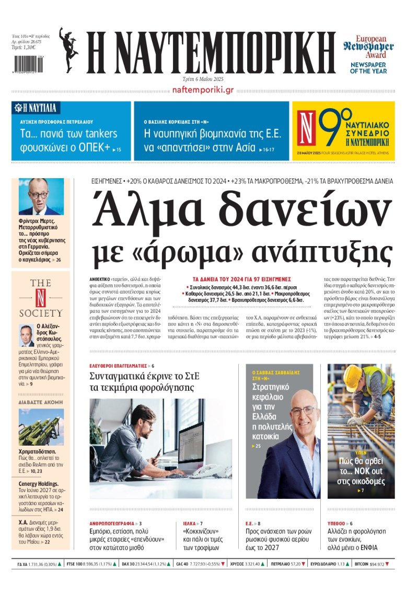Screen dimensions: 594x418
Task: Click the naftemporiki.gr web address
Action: (202, 90)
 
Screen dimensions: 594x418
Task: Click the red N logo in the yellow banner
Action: (307, 129)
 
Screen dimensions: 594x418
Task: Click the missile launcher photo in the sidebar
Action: (41, 427)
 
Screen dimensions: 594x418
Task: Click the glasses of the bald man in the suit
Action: (303, 411)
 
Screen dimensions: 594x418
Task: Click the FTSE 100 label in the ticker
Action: (76, 564)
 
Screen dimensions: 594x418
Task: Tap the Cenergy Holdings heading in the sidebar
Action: (38, 484)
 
